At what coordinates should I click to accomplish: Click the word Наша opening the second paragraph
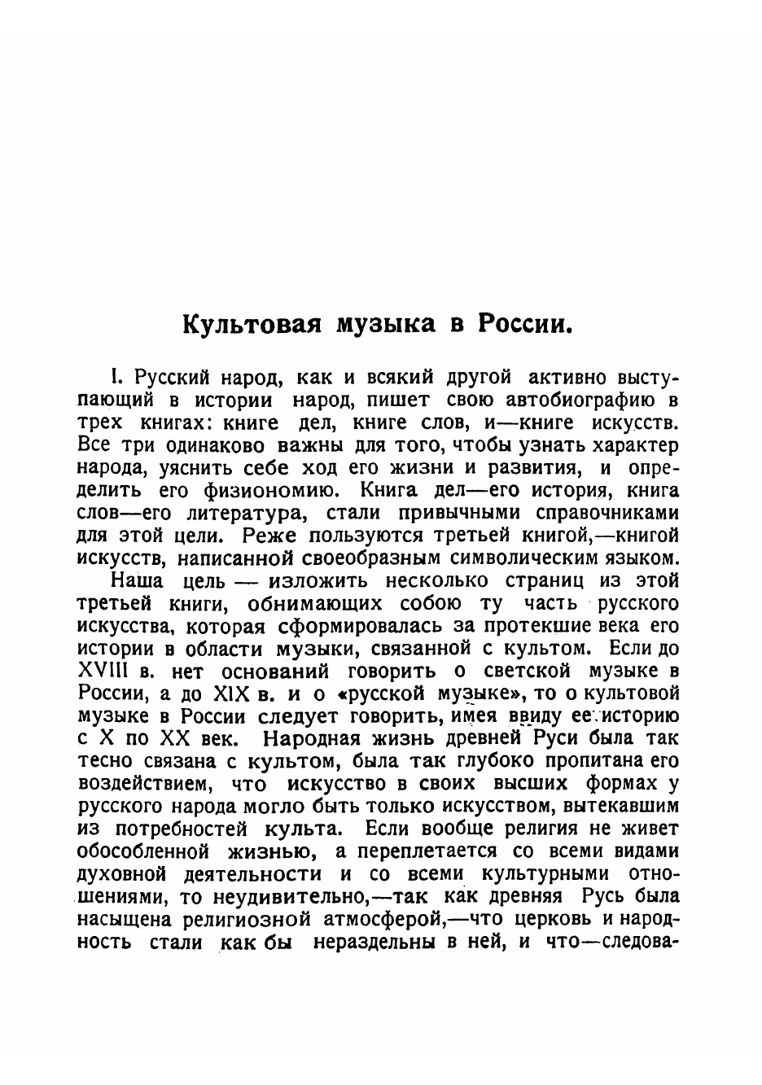coord(137,581)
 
